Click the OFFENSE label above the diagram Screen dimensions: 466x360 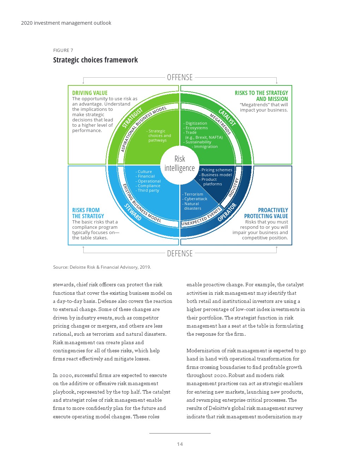[x=180, y=77]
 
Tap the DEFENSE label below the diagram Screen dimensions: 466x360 [x=180, y=253]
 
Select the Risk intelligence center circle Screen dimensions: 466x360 [x=180, y=164]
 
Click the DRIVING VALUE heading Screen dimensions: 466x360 [x=90, y=93]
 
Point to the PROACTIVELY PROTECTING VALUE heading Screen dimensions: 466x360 [x=266, y=213]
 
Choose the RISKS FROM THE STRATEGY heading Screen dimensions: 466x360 [x=88, y=213]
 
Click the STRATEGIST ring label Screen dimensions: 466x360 [x=132, y=118]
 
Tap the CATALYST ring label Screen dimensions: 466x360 [x=227, y=118]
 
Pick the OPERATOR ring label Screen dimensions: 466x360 [x=227, y=212]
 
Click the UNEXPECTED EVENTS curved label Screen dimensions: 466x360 [x=201, y=217]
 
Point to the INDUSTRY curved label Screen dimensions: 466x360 [x=234, y=187]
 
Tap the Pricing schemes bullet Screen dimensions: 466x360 [x=216, y=170]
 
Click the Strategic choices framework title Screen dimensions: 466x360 [x=95, y=60]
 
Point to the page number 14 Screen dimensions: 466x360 [x=180, y=444]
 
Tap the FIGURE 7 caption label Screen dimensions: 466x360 [x=63, y=50]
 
